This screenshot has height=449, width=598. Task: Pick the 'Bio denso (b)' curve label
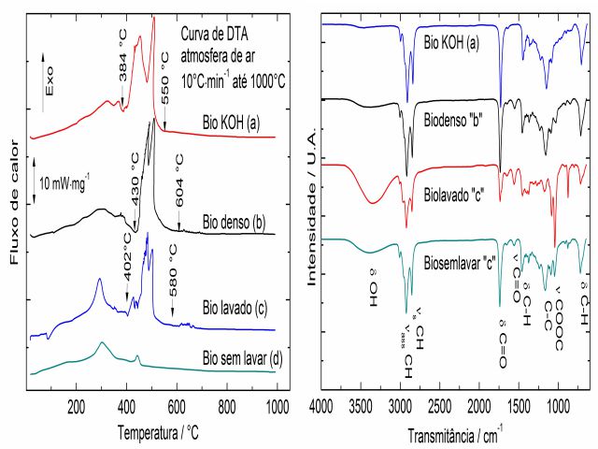[235, 223]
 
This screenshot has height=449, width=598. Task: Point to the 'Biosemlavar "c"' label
[463, 261]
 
